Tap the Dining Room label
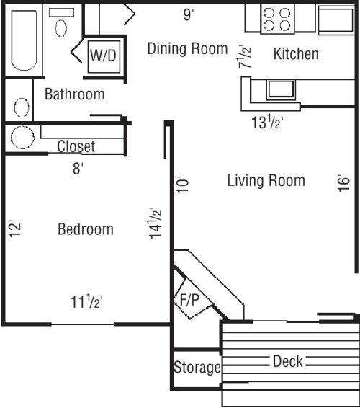[x=187, y=48]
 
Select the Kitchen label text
[x=296, y=54]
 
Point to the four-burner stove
[x=276, y=19]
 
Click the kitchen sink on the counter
[x=280, y=89]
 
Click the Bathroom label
[x=74, y=94]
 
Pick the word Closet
[x=76, y=146]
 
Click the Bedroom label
[x=85, y=229]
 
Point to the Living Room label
[x=266, y=180]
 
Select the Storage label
[x=197, y=368]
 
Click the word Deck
[x=288, y=361]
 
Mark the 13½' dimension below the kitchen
[x=266, y=123]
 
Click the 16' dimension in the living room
[x=343, y=184]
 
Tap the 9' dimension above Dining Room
[x=188, y=14]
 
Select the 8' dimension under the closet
[x=77, y=169]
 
